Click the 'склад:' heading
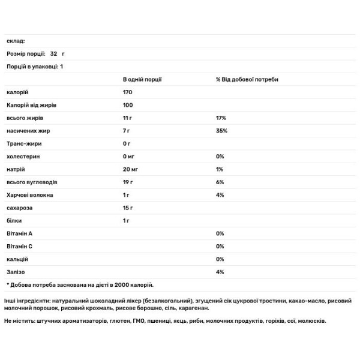(x=16, y=41)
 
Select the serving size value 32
(x=54, y=53)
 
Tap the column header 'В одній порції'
(x=142, y=79)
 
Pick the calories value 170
(x=127, y=92)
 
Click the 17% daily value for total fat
(x=221, y=118)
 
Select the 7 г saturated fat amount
(x=127, y=131)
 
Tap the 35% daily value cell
(x=221, y=131)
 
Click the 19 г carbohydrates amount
(x=128, y=182)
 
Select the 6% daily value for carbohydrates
(x=220, y=182)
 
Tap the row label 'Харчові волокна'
(x=29, y=195)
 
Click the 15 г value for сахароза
(x=128, y=208)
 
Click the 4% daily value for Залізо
(x=220, y=272)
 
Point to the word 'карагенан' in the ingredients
(x=193, y=308)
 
